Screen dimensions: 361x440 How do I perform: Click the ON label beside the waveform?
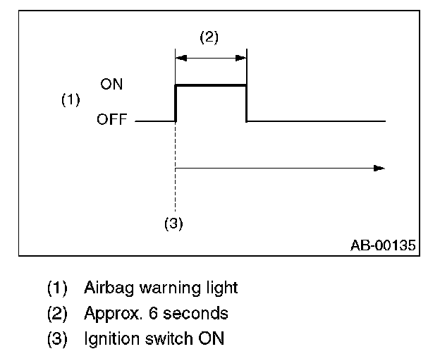111,84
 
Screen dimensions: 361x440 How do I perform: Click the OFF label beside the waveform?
111,121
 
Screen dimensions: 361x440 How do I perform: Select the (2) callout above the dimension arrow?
209,38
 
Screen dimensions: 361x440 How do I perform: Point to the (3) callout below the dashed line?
173,224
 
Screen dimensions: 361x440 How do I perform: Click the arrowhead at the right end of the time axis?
379,169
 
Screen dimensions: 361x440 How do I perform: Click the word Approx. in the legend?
109,313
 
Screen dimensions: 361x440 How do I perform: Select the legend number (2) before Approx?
57,313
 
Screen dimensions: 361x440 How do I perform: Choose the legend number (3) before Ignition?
57,338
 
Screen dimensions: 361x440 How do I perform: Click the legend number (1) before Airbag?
57,288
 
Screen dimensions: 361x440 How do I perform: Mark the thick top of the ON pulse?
211,85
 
